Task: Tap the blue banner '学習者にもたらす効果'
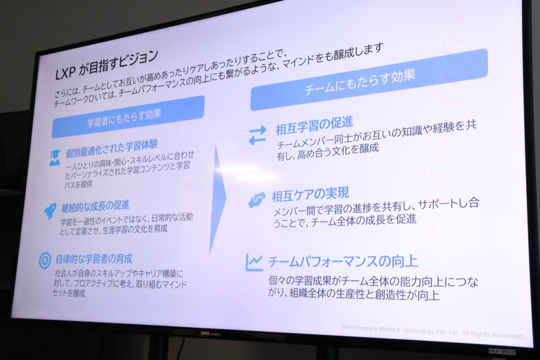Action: tap(128, 117)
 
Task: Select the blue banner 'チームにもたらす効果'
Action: tap(369, 80)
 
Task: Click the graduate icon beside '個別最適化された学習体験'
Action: tap(55, 157)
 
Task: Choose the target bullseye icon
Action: tap(45, 260)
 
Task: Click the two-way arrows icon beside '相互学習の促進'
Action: tap(257, 135)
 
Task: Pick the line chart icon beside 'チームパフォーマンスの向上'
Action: tap(254, 262)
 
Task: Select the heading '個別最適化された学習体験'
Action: tap(112, 148)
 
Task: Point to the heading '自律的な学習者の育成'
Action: tap(94, 259)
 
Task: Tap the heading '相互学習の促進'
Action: tap(314, 125)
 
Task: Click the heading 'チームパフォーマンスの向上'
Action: tap(343, 261)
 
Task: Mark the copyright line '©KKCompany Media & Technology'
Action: tap(433, 332)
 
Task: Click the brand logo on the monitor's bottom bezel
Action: tap(211, 334)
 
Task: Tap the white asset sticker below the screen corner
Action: tap(502, 352)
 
